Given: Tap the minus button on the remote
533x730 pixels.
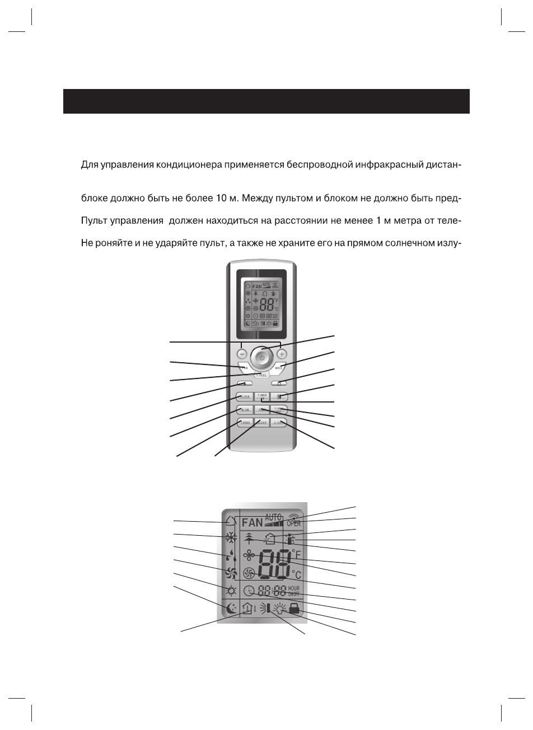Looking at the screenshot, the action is point(241,354).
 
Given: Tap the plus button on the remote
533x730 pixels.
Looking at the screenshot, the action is point(281,354).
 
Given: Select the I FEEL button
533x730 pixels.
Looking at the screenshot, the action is point(261,375).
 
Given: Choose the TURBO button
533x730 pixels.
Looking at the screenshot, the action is point(245,423).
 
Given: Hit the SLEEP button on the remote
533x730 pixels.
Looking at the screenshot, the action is point(261,423).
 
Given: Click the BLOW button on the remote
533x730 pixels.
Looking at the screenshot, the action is point(245,409).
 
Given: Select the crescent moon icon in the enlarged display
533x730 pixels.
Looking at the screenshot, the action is point(231,607).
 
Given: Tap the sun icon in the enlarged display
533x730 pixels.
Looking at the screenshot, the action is point(230,591).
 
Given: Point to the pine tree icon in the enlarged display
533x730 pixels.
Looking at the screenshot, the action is point(250,539).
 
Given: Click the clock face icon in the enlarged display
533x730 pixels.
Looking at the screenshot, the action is point(250,590).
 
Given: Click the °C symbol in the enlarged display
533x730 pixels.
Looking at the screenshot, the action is point(296,575).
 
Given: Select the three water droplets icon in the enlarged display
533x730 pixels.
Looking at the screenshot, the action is point(230,555).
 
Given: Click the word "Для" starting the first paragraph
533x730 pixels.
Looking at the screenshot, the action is point(90,166).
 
